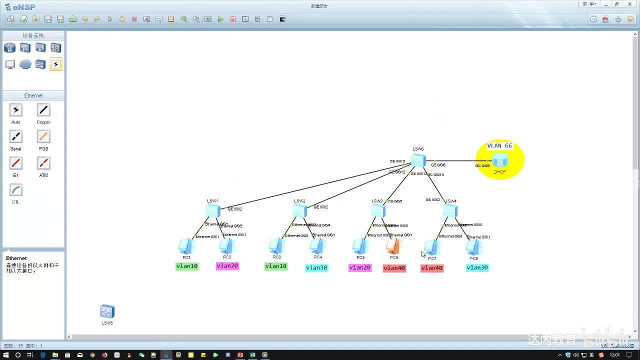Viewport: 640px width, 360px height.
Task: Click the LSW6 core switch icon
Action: click(x=418, y=160)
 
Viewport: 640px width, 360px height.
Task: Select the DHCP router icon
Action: click(x=499, y=161)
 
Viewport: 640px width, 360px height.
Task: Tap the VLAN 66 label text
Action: click(x=499, y=146)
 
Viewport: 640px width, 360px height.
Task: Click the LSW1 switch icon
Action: click(x=212, y=211)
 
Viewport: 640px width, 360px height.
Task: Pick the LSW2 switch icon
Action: click(x=299, y=211)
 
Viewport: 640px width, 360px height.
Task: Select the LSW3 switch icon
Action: click(x=378, y=211)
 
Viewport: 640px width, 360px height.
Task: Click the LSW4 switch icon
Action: click(x=450, y=211)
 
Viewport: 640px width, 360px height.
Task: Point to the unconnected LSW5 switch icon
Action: click(x=107, y=311)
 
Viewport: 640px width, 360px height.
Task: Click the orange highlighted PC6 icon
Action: click(x=393, y=246)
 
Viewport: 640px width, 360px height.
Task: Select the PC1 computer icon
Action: click(x=186, y=246)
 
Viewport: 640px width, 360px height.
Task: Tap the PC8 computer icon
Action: click(x=473, y=247)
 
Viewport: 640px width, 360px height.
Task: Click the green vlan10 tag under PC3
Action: click(x=276, y=266)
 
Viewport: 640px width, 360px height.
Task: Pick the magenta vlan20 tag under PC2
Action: click(x=227, y=266)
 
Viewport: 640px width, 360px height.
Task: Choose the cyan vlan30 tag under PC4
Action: click(x=316, y=268)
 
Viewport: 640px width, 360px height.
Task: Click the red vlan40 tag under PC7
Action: click(x=432, y=268)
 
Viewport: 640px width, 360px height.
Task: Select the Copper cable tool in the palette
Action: click(x=43, y=110)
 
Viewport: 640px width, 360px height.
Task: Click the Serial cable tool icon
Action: click(x=16, y=136)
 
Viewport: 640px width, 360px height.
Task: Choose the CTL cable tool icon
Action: click(x=16, y=190)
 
